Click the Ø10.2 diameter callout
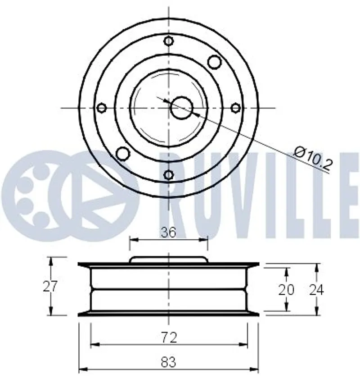(x=314, y=158)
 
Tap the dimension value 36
(x=168, y=232)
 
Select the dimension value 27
(x=50, y=286)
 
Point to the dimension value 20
(x=286, y=290)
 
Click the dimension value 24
(x=316, y=290)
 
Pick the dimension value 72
(x=169, y=337)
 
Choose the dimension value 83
(x=168, y=362)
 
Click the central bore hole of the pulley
(x=182, y=108)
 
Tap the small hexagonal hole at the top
(x=169, y=41)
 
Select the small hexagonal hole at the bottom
(x=169, y=174)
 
